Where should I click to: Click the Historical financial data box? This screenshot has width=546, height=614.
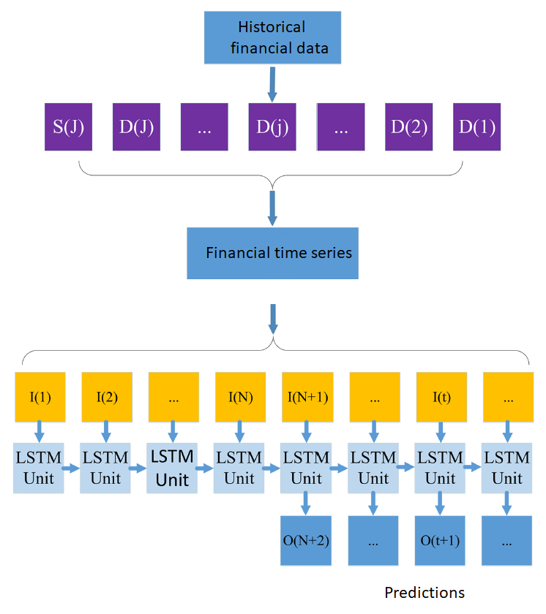point(272,39)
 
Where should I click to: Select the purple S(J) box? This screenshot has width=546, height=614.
point(68,126)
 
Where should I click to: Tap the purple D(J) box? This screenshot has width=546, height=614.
point(136,126)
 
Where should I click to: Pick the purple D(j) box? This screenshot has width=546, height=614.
point(272,126)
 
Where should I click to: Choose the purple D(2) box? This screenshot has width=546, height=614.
point(409,126)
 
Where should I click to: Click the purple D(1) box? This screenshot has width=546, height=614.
point(477,126)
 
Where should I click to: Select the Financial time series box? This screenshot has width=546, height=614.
point(272,254)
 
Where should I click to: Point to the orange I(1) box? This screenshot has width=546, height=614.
point(40,398)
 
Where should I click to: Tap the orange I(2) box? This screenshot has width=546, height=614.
point(106,398)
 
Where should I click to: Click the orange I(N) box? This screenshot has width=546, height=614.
point(239,398)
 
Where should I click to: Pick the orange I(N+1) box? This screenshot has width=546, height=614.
point(307,398)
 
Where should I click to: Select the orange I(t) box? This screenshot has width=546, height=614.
point(441,398)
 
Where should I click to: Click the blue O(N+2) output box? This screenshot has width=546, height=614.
point(307,541)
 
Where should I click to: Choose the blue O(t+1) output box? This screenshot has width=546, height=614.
point(441,541)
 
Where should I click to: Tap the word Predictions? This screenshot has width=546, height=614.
point(425,592)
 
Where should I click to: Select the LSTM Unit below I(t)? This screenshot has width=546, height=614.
point(441,468)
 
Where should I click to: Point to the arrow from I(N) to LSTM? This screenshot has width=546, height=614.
point(239,432)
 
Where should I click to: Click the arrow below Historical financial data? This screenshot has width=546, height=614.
point(272,84)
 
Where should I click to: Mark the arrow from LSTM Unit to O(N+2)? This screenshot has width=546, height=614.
point(307,504)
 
